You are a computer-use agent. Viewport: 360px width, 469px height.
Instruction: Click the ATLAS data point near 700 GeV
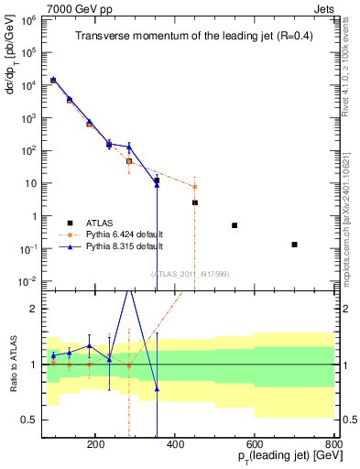[294, 245]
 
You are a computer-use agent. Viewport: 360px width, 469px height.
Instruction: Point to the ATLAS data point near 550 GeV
[235, 225]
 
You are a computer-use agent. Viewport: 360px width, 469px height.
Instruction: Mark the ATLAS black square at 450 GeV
[194, 202]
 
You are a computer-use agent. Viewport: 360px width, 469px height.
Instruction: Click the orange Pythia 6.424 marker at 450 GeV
[194, 187]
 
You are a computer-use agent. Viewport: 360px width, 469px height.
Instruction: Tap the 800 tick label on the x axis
[333, 444]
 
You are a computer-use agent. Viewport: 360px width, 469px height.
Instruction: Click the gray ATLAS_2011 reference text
[190, 273]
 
